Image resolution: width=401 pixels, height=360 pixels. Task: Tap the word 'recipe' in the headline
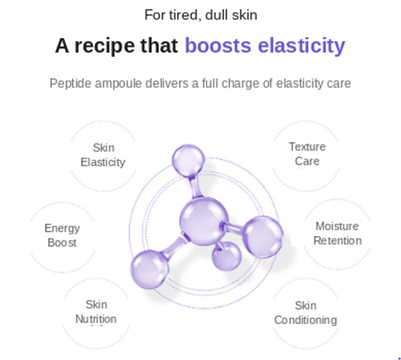click(x=104, y=46)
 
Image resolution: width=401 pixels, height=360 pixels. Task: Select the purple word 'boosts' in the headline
click(x=218, y=45)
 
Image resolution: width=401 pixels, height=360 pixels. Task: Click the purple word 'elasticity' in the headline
click(x=302, y=46)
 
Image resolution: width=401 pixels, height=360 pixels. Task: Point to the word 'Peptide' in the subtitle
click(x=71, y=84)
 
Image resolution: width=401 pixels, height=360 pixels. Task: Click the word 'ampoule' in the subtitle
click(x=118, y=84)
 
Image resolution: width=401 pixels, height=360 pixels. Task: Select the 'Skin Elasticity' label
click(x=103, y=155)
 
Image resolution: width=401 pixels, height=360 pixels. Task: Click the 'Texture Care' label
click(x=307, y=154)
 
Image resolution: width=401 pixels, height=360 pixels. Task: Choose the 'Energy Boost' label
click(x=62, y=235)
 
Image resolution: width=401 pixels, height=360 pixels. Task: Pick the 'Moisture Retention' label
click(x=338, y=233)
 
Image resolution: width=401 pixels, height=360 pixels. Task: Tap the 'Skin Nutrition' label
click(x=96, y=312)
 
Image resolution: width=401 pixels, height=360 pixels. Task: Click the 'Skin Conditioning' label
click(x=305, y=313)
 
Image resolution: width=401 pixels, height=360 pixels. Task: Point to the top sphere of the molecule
click(x=188, y=161)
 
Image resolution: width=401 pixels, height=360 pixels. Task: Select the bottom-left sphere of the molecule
click(x=150, y=269)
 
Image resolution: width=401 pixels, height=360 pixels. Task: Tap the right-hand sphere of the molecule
click(x=263, y=236)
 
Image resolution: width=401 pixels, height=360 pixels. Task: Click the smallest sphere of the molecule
click(x=226, y=256)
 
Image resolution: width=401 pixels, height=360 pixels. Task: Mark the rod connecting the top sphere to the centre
click(x=195, y=186)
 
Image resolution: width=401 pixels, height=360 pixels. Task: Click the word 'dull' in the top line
click(x=217, y=15)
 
